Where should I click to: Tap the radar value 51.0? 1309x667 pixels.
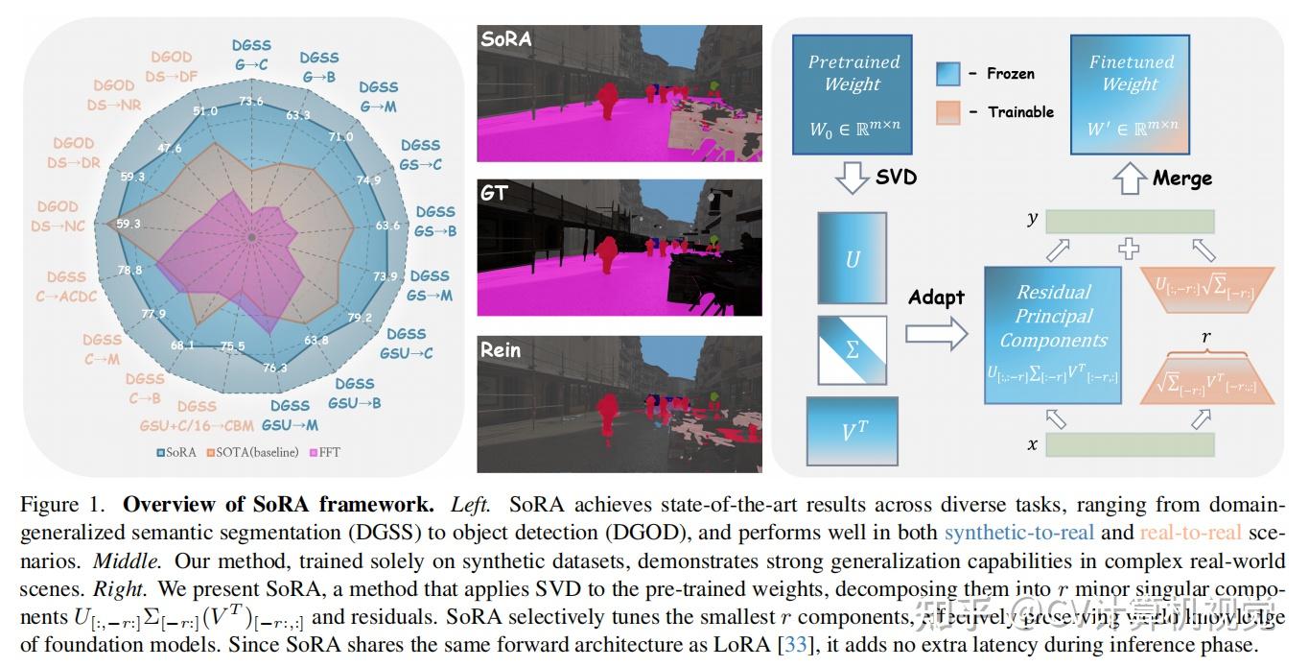205,111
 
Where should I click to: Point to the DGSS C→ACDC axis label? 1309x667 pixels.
66,287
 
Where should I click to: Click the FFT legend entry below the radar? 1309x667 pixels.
325,452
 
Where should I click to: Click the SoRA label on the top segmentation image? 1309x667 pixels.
506,39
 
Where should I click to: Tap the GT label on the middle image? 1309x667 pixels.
496,193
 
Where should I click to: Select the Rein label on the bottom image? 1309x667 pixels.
501,349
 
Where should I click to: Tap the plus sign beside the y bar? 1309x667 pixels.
1130,250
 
